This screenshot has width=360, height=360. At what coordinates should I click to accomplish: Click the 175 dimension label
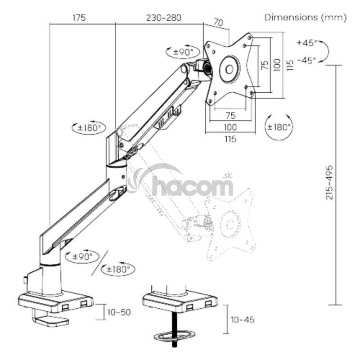pos(79,18)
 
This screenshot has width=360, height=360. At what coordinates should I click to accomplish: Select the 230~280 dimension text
pos(164,18)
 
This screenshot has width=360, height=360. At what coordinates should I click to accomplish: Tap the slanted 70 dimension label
pos(218,22)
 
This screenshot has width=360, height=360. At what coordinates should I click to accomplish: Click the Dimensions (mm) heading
pos(306,18)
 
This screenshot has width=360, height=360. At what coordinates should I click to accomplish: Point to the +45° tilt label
pos(307,43)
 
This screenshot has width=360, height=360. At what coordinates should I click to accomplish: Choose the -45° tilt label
pos(306,61)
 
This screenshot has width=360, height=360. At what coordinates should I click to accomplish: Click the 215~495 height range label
pos(329,182)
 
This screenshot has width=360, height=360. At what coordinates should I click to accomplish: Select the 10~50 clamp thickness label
pos(119,312)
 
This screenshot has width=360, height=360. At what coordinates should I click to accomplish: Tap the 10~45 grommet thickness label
pos(243,320)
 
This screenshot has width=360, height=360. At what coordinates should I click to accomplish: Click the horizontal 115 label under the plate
pos(230,139)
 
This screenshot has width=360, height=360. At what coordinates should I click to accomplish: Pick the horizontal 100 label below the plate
pos(230,127)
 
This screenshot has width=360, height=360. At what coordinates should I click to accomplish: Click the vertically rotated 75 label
pos(265,65)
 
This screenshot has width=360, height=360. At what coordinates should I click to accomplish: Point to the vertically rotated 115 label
pos(290,65)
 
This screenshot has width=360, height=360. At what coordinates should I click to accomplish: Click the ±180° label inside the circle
pos(279,127)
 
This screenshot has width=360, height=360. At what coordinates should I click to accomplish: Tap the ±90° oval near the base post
pos(82,256)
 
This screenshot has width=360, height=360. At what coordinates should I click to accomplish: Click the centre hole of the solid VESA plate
pos(229,69)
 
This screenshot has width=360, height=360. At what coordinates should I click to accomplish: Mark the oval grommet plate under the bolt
pos(175,337)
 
